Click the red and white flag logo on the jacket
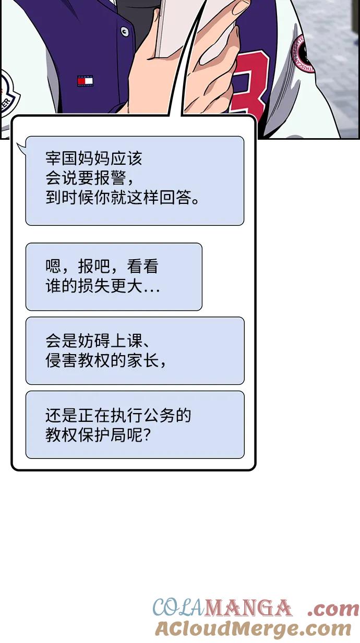(x=85, y=81)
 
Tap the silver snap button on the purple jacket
(x=124, y=31)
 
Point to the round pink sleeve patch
(x=302, y=54)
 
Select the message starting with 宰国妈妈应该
(x=135, y=181)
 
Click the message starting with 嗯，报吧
(x=114, y=277)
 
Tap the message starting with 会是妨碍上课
(x=135, y=350)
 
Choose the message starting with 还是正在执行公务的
(x=135, y=424)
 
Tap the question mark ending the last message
(x=147, y=435)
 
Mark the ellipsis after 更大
(x=152, y=290)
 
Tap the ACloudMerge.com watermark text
(x=253, y=628)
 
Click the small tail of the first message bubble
(x=21, y=149)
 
